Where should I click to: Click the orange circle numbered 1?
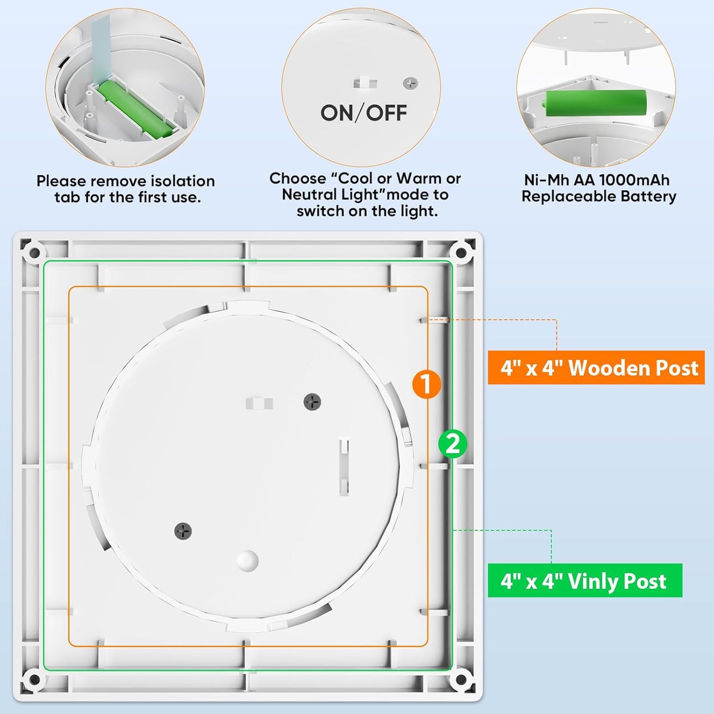pos(426,384)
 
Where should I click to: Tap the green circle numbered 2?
pos(453,443)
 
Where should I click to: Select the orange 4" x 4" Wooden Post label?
pos(596,368)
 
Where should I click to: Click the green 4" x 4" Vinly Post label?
pos(585,581)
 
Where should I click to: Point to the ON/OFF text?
pos(364,113)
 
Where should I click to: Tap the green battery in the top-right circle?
pos(596,103)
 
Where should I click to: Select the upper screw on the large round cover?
pos(312,402)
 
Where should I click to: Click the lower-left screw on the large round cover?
pos(183,531)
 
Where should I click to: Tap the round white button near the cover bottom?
pos(247,561)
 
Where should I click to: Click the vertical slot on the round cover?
pos(344,466)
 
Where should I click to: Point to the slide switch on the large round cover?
pos(259,403)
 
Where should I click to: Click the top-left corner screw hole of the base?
pos(35,253)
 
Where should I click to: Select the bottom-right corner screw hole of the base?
pos(461,679)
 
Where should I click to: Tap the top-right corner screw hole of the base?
pos(461,252)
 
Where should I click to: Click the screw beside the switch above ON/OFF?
pos(410,83)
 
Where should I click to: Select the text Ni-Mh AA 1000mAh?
pos(596,180)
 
